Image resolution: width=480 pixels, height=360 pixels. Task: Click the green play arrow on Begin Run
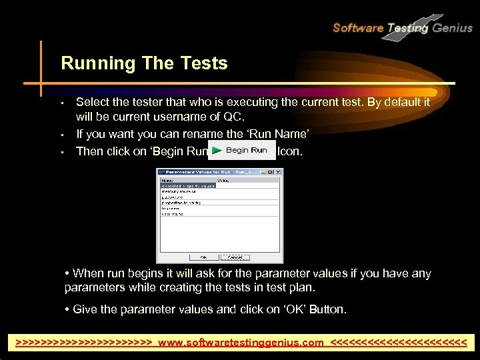pos(217,151)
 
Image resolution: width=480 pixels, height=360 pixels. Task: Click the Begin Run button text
pos(246,151)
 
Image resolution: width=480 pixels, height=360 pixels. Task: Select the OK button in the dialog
pos(203,257)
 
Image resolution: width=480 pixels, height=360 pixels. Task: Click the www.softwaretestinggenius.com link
pos(241,343)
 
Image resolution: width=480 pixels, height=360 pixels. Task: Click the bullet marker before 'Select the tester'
pos(61,103)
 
